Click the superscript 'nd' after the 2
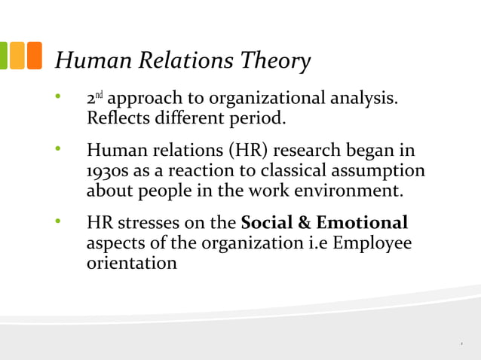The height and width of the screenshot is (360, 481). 100,96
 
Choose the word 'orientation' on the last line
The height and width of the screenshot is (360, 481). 132,264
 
